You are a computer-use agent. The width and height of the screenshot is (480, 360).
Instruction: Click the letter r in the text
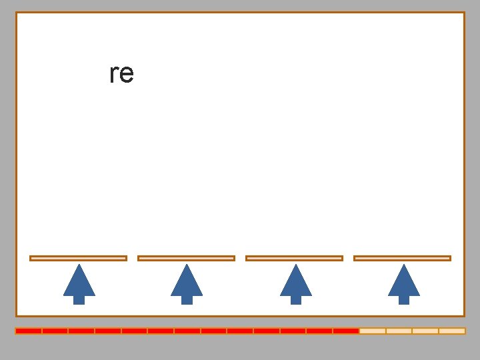pos(113,75)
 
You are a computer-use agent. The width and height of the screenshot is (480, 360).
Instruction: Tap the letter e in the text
pos(126,75)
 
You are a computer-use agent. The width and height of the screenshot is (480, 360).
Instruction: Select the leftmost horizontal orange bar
pos(78,258)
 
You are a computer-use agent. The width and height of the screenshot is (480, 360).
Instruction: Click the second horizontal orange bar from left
pos(186,258)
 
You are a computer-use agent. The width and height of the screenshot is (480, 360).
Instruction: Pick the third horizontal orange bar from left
pos(294,258)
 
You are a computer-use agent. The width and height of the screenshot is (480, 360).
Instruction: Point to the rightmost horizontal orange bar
pos(402,258)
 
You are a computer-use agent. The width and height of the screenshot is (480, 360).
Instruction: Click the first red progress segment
pos(29,331)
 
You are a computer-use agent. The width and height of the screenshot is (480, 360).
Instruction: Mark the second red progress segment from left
pos(55,331)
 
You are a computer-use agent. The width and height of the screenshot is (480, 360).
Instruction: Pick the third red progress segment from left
pos(81,331)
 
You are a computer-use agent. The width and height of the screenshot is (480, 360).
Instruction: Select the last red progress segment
pos(346,331)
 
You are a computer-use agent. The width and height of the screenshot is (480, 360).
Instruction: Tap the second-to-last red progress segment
pos(319,331)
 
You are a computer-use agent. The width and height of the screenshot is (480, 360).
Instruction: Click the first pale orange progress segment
pos(373,331)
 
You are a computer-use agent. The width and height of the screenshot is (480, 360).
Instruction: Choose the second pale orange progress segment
pos(399,331)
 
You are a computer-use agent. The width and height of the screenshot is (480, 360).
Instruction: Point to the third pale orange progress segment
pos(425,331)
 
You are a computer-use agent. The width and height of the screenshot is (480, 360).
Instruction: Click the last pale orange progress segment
pos(452,331)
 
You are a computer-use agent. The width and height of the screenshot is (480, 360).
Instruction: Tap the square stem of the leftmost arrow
pos(79,300)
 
